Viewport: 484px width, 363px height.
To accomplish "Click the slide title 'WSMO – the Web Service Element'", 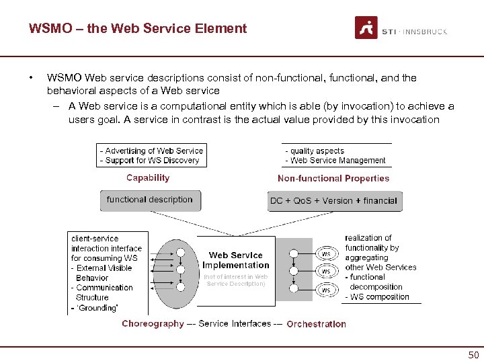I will click(x=138, y=29).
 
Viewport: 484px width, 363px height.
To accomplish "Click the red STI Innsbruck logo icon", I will click(x=366, y=28).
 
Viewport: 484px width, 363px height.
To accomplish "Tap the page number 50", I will click(x=473, y=356).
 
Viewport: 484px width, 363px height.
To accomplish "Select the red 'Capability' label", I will click(x=148, y=178).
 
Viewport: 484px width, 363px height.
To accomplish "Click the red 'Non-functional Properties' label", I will click(x=333, y=179).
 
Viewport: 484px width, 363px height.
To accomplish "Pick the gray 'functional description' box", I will click(x=150, y=200).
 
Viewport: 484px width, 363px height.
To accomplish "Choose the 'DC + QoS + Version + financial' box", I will click(x=333, y=200).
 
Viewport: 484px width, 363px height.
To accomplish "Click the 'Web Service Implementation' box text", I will click(x=236, y=260).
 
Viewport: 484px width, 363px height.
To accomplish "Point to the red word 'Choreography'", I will click(x=153, y=324).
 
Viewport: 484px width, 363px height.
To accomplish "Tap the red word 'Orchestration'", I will click(x=316, y=324).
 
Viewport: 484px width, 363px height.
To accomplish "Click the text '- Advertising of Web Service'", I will click(x=151, y=151).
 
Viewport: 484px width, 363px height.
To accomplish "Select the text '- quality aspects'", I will click(x=315, y=151).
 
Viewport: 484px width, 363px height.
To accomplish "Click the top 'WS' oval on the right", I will click(x=326, y=254).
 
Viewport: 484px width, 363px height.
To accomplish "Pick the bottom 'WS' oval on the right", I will click(x=326, y=290).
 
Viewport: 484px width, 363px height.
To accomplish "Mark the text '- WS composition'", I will click(x=377, y=297).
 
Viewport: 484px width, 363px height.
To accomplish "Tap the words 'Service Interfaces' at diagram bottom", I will click(x=235, y=324).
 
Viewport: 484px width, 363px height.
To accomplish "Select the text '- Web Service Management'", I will click(x=335, y=161).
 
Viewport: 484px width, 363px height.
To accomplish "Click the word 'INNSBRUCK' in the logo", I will click(x=424, y=32).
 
